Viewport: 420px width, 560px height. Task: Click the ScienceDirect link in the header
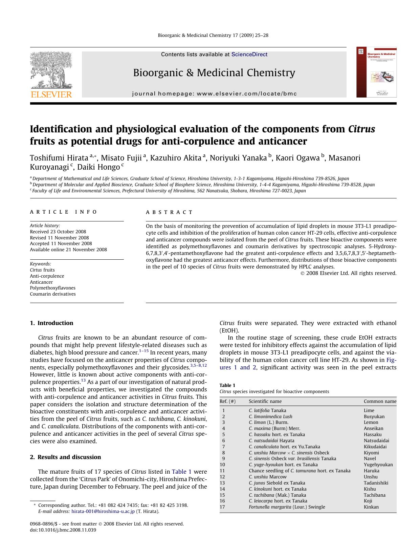point(249,55)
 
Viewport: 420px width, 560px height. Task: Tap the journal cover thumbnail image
point(376,72)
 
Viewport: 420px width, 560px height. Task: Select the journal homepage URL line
point(214,94)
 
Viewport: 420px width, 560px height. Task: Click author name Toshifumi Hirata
point(59,158)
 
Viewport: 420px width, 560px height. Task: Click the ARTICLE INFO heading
point(63,212)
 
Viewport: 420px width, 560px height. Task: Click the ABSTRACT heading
point(169,212)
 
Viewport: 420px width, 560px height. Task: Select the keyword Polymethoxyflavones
point(52,288)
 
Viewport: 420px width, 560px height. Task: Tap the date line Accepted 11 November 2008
point(61,243)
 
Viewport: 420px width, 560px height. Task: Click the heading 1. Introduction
point(51,323)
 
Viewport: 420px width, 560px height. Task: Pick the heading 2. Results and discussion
point(65,457)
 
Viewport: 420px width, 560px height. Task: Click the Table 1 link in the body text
point(182,472)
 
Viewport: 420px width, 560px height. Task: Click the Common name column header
point(380,402)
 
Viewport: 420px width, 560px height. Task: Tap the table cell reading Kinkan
point(371,507)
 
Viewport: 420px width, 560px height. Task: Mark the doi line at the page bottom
point(63,530)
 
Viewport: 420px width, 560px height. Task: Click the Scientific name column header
point(265,402)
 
